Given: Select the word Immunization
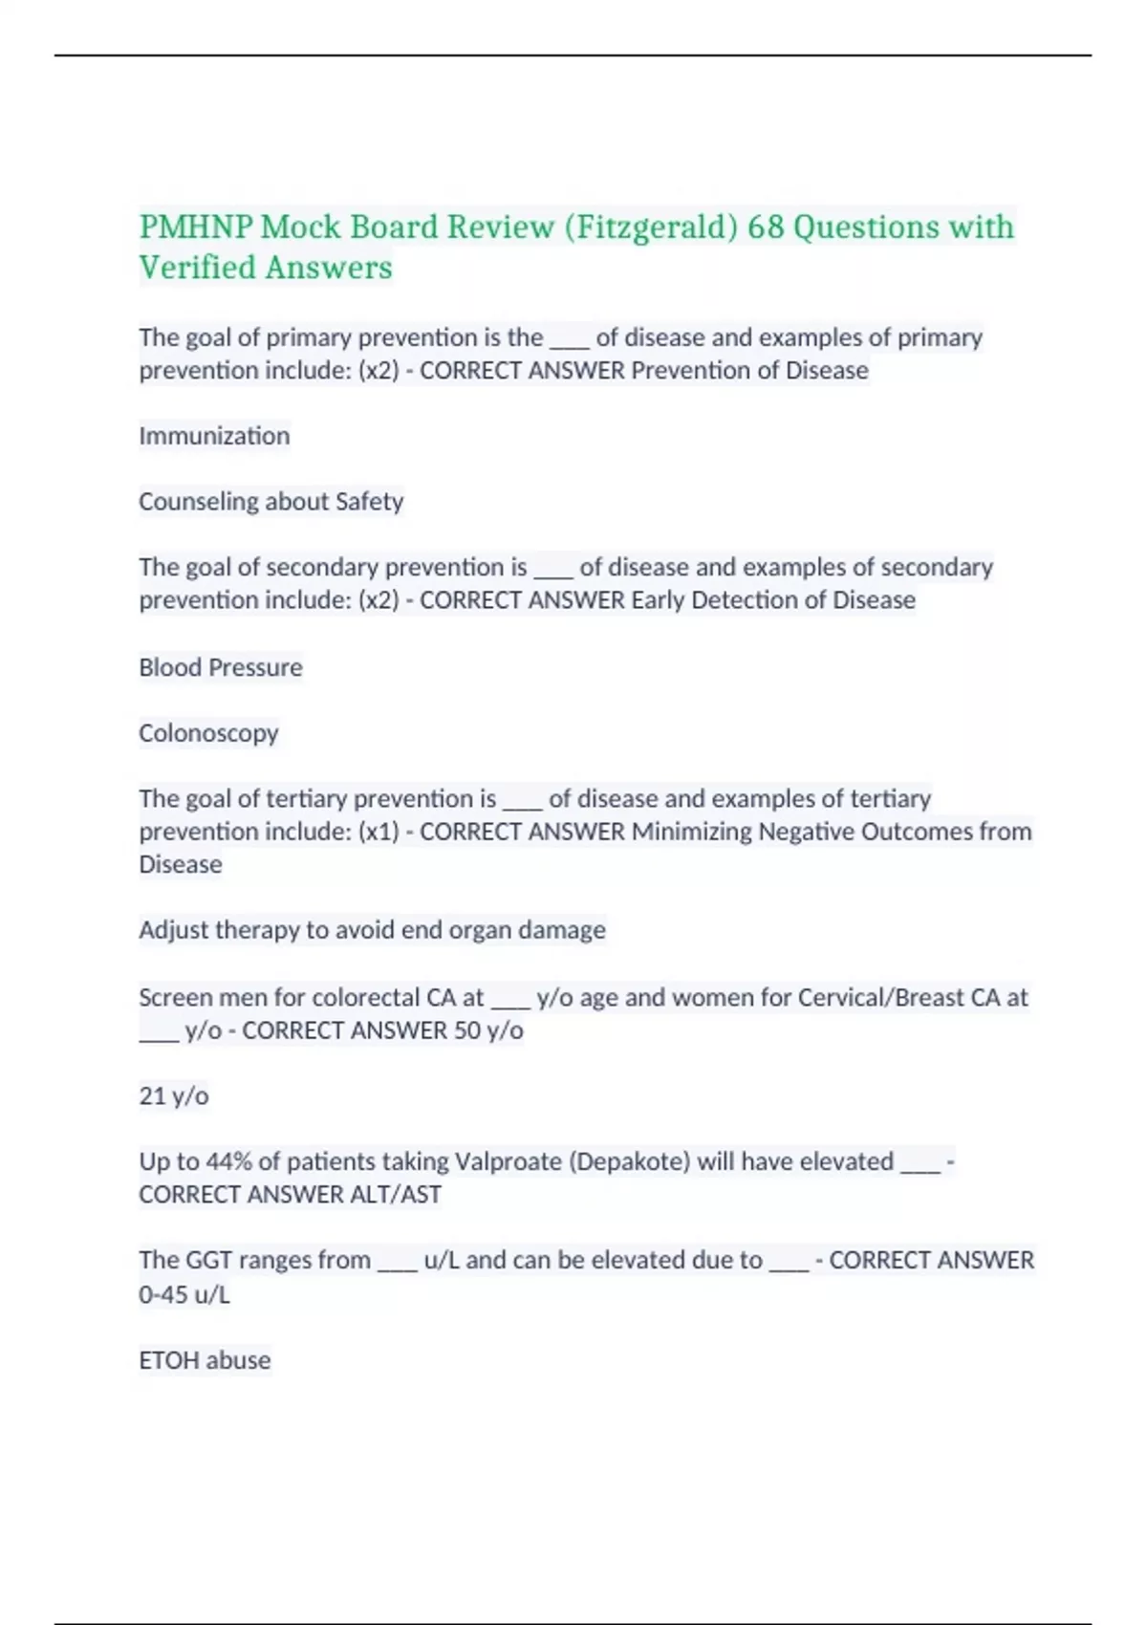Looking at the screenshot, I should coord(214,436).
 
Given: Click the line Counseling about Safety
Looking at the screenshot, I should coord(271,501).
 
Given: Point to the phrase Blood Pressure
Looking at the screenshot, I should coord(220,667).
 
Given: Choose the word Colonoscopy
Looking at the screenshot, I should coord(208,733).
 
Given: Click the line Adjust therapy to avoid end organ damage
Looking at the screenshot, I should coord(372,930).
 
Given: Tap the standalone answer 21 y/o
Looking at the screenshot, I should coord(173,1095).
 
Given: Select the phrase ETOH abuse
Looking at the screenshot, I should coord(205,1360).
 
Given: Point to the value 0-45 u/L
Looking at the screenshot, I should coord(184,1295).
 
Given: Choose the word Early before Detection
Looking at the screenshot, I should coord(658,600).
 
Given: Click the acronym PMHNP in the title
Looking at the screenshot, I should coord(195,227).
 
